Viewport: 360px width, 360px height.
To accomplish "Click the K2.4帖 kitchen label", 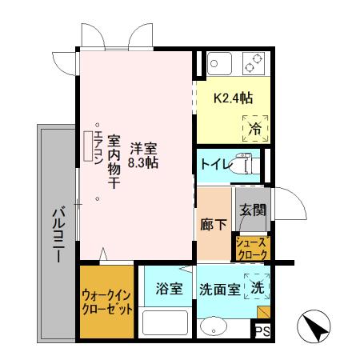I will click(x=233, y=98).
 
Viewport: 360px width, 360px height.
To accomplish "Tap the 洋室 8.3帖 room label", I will click(x=145, y=153).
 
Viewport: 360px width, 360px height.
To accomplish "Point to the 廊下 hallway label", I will click(x=214, y=224).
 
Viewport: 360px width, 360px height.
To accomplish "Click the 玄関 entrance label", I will click(x=251, y=212).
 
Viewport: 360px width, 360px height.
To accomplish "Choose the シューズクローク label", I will click(x=252, y=248).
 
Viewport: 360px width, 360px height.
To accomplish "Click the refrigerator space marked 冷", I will click(x=254, y=126).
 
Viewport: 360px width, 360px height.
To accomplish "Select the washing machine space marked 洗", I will click(x=257, y=286).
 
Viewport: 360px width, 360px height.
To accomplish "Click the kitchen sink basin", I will click(x=219, y=62).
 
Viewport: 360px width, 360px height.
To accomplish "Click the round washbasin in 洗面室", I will click(x=213, y=329).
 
